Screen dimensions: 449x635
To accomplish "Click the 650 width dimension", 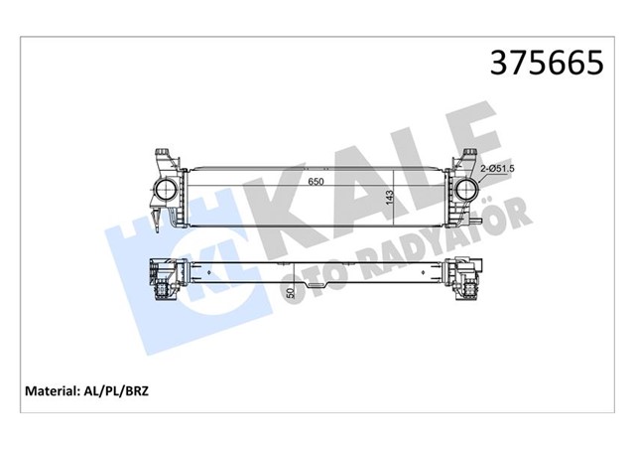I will [x=316, y=183].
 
